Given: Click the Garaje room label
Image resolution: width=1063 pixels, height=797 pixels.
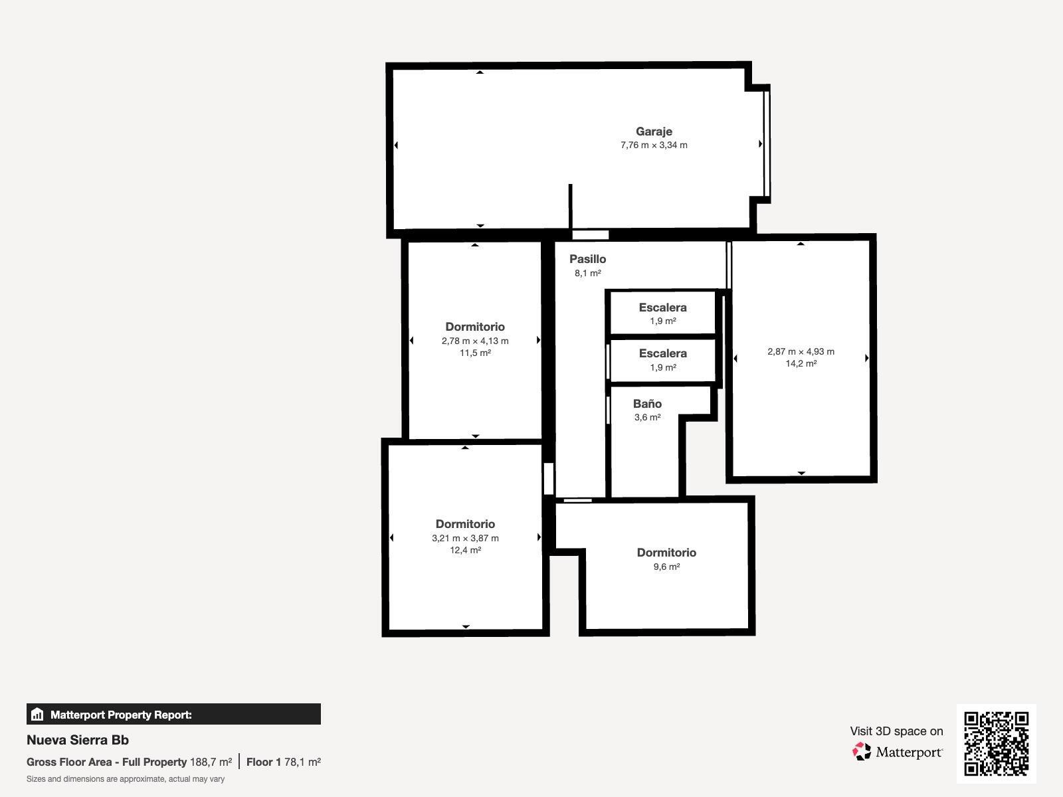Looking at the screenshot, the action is [x=654, y=132].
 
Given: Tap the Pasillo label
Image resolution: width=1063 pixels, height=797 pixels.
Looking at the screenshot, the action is [x=587, y=259].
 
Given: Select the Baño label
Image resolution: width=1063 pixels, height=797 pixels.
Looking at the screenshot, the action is [x=647, y=404].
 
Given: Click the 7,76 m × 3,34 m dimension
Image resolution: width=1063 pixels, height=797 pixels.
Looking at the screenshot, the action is [x=654, y=145].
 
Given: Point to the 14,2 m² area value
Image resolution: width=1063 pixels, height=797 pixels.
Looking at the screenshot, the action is [x=801, y=363].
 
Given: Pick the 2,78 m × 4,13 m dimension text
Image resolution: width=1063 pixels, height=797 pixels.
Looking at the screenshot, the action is [x=475, y=341].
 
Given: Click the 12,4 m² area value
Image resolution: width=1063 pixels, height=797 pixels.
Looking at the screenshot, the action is [x=466, y=550].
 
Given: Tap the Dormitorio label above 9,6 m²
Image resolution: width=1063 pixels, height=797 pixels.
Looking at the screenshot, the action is [x=666, y=553].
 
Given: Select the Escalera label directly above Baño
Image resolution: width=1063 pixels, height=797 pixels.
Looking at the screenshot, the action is [x=662, y=353].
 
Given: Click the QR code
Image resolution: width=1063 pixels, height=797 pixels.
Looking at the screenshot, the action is [x=996, y=744].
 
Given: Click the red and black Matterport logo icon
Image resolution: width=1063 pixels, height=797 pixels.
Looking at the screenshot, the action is [x=862, y=752].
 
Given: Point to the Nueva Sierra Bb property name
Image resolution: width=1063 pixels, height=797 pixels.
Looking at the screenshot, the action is [x=78, y=740].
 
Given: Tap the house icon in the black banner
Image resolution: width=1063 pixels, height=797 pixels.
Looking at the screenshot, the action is [x=37, y=714].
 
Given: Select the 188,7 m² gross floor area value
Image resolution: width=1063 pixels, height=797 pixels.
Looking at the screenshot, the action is [x=211, y=762].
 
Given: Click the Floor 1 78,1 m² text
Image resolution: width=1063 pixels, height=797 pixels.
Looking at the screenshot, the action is [x=283, y=762].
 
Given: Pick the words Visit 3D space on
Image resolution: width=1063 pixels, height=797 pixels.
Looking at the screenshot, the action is [x=896, y=731].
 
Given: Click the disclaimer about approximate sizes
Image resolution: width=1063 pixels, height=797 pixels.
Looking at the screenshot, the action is [x=126, y=779].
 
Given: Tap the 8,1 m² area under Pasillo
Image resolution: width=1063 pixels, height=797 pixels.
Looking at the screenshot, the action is [x=587, y=274].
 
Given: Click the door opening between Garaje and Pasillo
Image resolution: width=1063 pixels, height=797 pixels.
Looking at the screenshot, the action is [x=591, y=235].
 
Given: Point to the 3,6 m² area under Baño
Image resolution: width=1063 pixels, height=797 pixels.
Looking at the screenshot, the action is [x=647, y=417].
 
